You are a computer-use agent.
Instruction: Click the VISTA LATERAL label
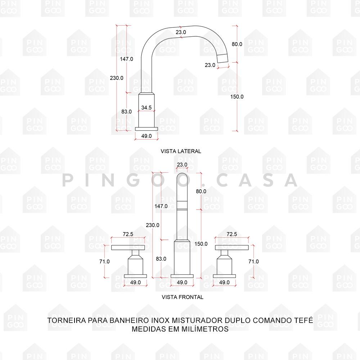pyautogui.click(x=181, y=151)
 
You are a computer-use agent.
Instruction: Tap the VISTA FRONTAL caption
pyautogui.click(x=183, y=297)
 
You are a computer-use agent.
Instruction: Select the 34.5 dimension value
pyautogui.click(x=146, y=107)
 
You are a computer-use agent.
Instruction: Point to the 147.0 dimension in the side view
pyautogui.click(x=126, y=59)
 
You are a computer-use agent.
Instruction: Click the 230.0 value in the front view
pyautogui.click(x=153, y=225)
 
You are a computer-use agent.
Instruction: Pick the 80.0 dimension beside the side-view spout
pyautogui.click(x=237, y=44)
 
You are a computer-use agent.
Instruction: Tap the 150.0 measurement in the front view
pyautogui.click(x=201, y=244)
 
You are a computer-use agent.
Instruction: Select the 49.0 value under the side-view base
pyautogui.click(x=146, y=136)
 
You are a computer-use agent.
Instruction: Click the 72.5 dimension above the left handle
pyautogui.click(x=128, y=234)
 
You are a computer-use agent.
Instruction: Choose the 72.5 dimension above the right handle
pyautogui.click(x=231, y=234)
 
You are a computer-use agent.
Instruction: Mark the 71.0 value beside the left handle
pyautogui.click(x=104, y=262)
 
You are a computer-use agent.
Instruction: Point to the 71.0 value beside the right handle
pyautogui.click(x=253, y=262)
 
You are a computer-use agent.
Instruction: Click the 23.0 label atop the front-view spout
pyautogui.click(x=182, y=165)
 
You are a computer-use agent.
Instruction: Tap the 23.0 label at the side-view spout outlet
pyautogui.click(x=210, y=65)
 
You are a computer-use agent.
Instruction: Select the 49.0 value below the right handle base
pyautogui.click(x=224, y=283)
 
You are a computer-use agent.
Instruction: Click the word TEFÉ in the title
pyautogui.click(x=303, y=320)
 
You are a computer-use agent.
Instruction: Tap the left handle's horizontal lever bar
pyautogui.click(x=128, y=247)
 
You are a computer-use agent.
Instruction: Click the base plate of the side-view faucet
pyautogui.click(x=146, y=129)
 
